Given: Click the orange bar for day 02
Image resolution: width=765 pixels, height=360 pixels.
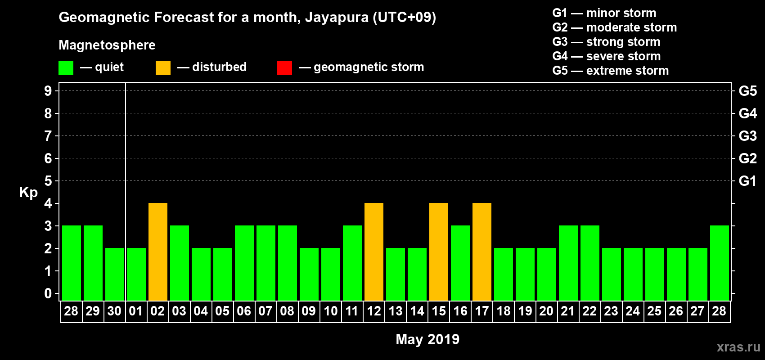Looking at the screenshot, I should point(158,252).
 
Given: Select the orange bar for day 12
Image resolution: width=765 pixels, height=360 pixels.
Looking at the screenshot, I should point(374,252).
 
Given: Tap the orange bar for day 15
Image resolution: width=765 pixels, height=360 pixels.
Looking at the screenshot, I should point(439,252).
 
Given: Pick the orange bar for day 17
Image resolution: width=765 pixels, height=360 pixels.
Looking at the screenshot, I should point(482,252).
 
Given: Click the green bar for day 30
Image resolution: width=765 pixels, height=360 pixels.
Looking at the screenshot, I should point(115,274).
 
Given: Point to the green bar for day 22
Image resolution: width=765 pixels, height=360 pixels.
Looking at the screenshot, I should point(590,263).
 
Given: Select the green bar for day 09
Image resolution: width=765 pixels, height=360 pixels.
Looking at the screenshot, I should point(309,274).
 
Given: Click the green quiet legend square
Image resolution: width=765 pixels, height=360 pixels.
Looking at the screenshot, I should point(66,68).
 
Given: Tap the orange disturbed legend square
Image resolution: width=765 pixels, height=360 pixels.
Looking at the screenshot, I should point(163,68).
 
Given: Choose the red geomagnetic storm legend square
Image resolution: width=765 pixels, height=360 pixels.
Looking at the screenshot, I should point(284,68).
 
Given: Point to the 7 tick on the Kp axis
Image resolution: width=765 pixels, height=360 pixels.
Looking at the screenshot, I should point(48,136).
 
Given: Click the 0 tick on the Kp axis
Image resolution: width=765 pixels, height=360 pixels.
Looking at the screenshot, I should point(48,294).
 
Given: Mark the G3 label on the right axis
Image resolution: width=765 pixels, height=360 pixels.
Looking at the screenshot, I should point(747,136).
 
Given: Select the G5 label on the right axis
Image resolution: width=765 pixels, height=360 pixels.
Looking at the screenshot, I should point(747,91).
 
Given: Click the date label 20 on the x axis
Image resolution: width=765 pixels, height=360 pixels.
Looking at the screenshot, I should point(546,311).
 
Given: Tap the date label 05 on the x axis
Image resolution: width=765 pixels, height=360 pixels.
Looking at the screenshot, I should point(222,311).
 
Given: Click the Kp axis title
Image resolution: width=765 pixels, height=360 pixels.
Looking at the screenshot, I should point(28,192).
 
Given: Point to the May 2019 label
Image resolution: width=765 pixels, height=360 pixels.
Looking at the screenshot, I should point(427,339).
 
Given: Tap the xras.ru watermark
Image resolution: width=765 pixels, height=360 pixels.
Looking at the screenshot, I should point(738,347).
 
